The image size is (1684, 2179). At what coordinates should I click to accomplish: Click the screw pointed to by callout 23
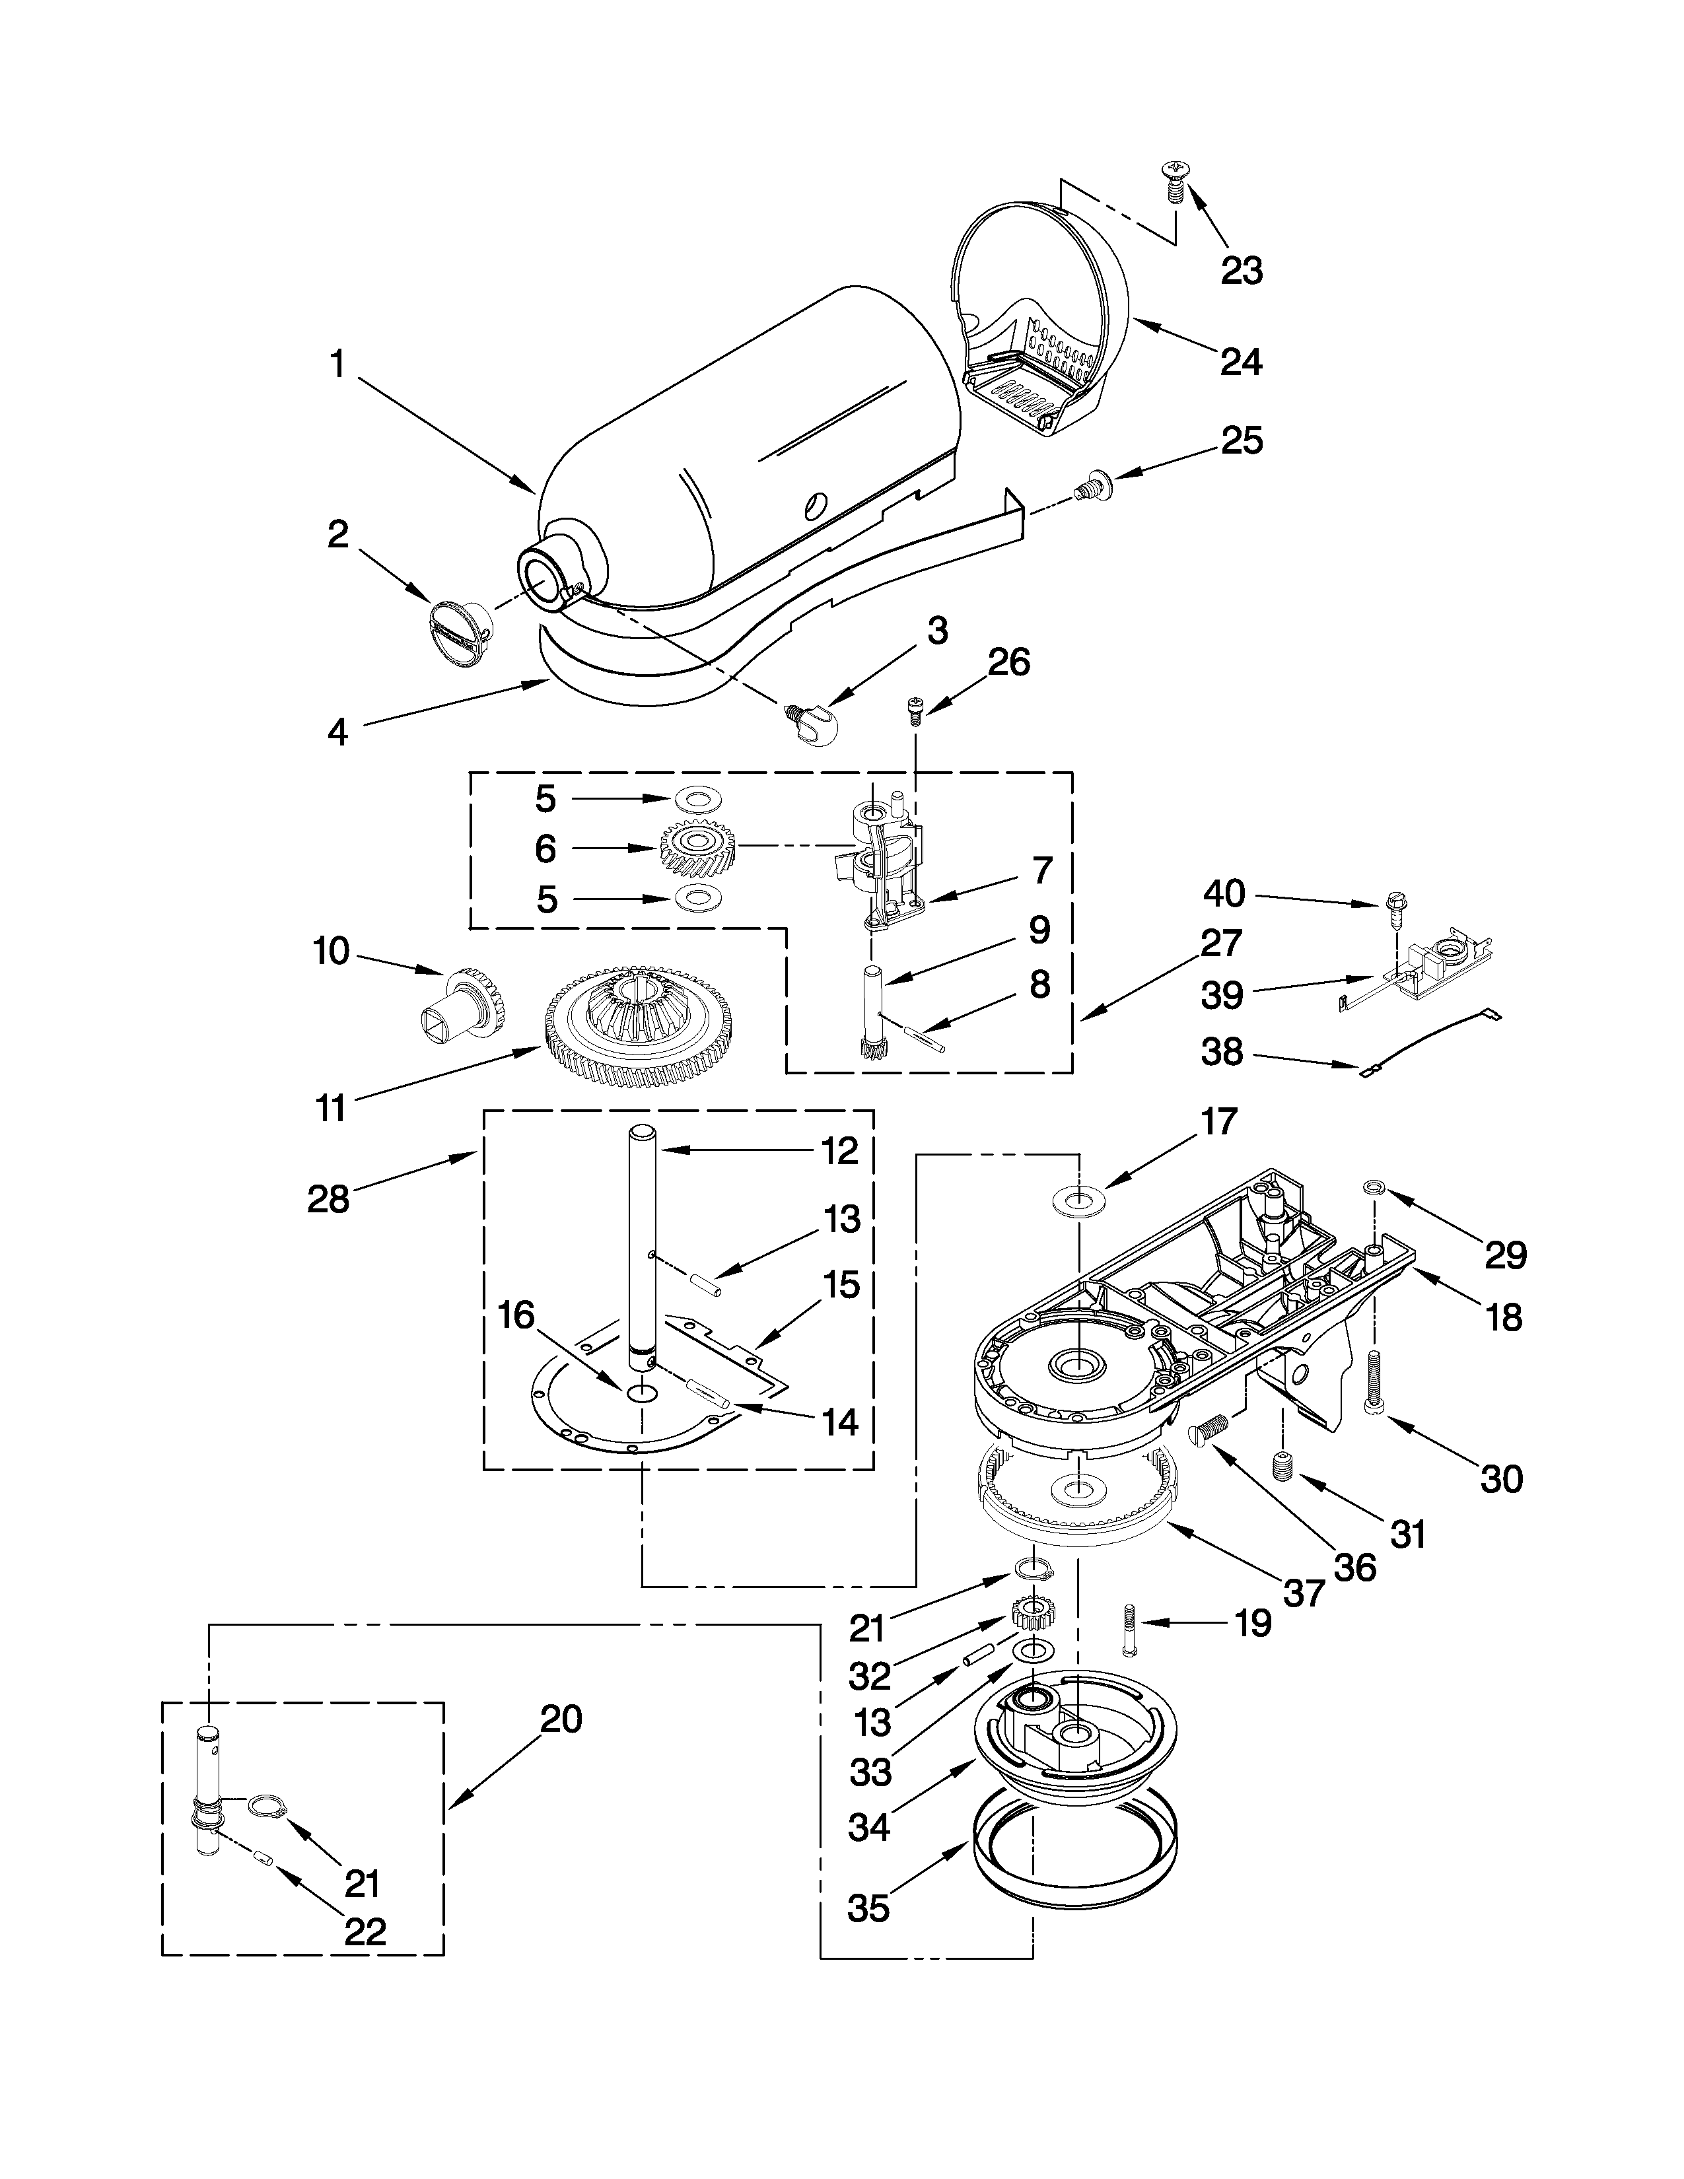1172,182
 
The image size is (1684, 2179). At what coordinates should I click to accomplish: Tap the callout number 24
1241,361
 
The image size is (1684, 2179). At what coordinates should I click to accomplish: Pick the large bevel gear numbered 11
639,1027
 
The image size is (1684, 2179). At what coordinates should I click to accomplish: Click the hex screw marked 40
1395,906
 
